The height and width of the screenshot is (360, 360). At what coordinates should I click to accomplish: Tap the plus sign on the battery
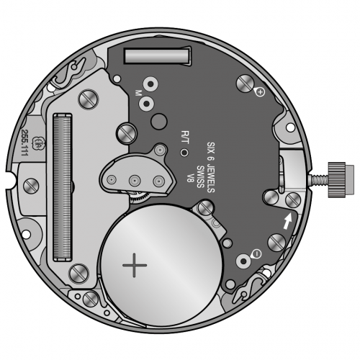135,265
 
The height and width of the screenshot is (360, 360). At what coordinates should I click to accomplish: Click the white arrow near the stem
288,221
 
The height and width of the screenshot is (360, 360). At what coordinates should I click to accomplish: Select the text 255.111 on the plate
24,143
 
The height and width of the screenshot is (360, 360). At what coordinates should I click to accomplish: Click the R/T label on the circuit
186,137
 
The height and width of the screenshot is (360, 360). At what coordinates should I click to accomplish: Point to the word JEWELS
211,178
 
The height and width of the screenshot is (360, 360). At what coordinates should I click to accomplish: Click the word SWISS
200,176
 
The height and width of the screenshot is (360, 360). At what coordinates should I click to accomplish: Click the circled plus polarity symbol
260,91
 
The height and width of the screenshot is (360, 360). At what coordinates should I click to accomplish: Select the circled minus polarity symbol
257,253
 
